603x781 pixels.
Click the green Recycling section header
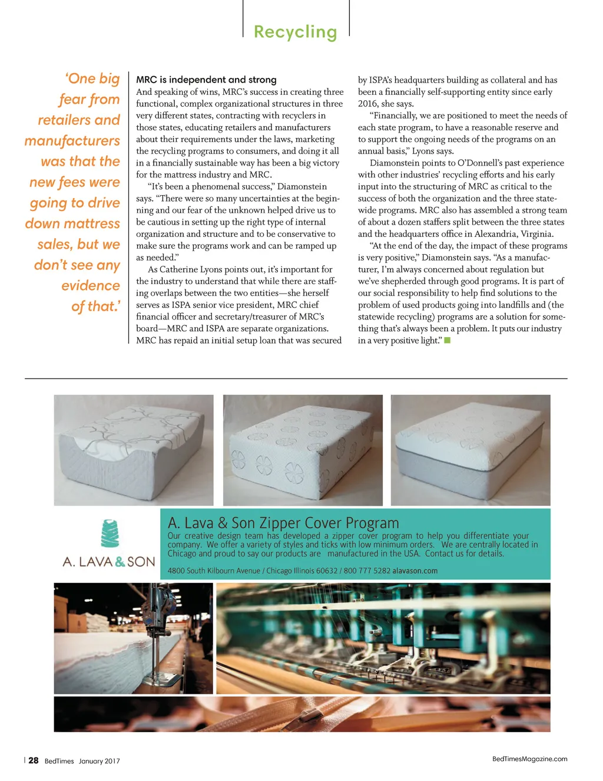(295, 32)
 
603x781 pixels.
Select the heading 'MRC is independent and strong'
(206, 80)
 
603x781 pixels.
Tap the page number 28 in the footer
(34, 760)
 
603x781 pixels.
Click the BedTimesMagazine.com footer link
(529, 759)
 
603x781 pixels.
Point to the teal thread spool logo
(110, 533)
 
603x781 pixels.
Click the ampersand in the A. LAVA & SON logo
(120, 562)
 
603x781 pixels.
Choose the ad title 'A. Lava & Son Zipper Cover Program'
(283, 523)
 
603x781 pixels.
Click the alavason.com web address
(415, 571)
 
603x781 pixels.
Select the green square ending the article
(448, 340)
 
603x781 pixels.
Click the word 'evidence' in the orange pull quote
(91, 286)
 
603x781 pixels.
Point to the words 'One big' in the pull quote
(93, 79)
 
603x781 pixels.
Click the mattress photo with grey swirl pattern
(134, 450)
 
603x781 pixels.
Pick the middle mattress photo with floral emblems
(303, 450)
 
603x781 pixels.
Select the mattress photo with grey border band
(471, 450)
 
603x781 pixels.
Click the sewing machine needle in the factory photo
(156, 651)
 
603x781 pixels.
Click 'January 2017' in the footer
(99, 761)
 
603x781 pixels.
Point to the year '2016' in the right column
(368, 104)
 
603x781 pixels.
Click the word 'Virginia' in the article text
(536, 234)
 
